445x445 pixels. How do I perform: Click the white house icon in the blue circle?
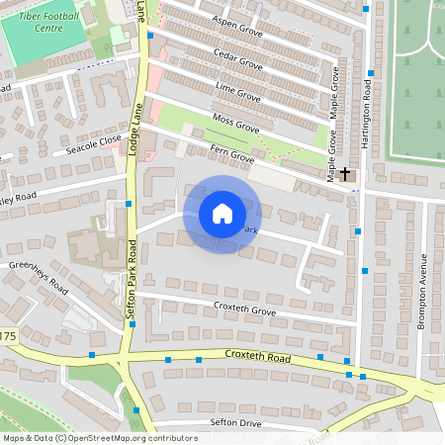pyautogui.click(x=222, y=214)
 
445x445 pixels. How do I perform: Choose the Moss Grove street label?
pyautogui.click(x=236, y=124)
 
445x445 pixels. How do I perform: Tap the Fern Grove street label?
pyautogui.click(x=232, y=154)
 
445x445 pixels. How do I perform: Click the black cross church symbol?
pyautogui.click(x=345, y=174)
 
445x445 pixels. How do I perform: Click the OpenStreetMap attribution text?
pyautogui.click(x=100, y=437)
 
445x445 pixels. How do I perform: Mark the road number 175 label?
pyautogui.click(x=8, y=337)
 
